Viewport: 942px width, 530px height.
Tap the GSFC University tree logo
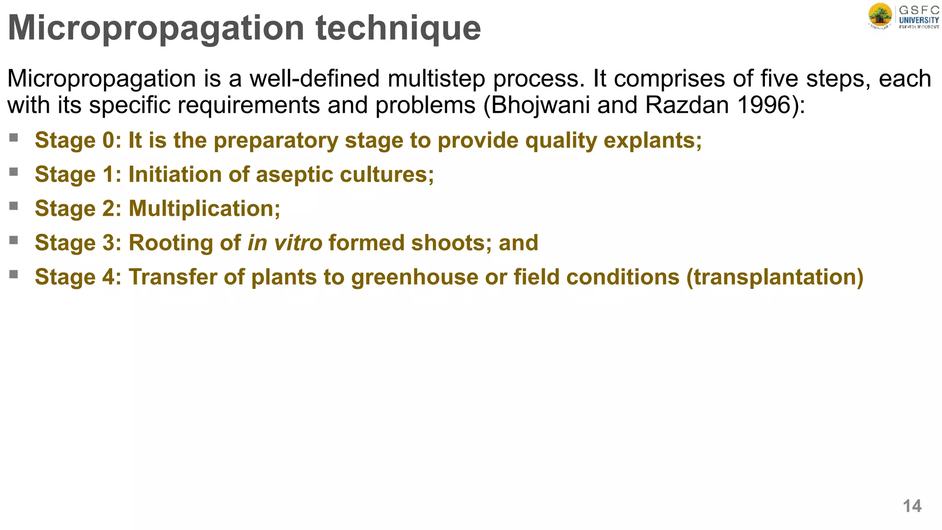coord(880,17)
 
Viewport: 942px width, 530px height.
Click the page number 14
coord(912,506)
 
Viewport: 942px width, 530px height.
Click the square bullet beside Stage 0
coord(13,138)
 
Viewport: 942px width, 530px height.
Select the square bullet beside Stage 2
coord(13,206)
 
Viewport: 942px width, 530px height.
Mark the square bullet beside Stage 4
coord(13,274)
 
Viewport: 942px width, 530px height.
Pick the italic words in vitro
coord(285,242)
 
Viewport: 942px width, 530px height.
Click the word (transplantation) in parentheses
coord(775,277)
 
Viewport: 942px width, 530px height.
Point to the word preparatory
coord(276,140)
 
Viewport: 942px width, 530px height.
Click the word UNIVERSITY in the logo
coord(919,20)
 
